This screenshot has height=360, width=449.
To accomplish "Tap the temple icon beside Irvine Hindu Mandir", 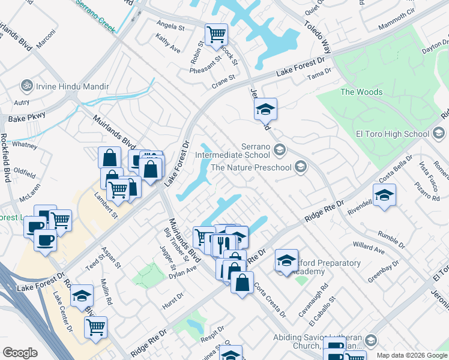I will pyautogui.click(x=26, y=85).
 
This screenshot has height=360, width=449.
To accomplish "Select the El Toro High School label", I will pyautogui.click(x=394, y=133).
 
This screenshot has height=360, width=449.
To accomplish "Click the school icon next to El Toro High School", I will pyautogui.click(x=438, y=133).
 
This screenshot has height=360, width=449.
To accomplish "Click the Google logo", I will pyautogui.click(x=20, y=353).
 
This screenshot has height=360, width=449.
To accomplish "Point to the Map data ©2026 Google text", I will pyautogui.click(x=411, y=355).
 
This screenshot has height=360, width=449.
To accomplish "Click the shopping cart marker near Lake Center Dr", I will pyautogui.click(x=95, y=327).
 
